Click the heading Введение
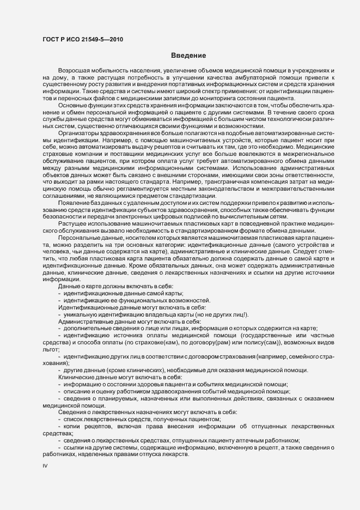188,56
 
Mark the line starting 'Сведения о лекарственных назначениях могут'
148,412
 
